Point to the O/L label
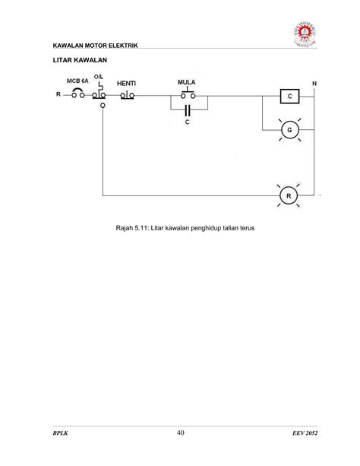click(99, 78)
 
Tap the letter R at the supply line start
click(58, 95)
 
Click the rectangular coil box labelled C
click(288, 97)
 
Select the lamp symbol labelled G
click(288, 131)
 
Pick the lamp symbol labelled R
click(288, 196)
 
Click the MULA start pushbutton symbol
click(187, 94)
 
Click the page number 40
click(180, 433)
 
